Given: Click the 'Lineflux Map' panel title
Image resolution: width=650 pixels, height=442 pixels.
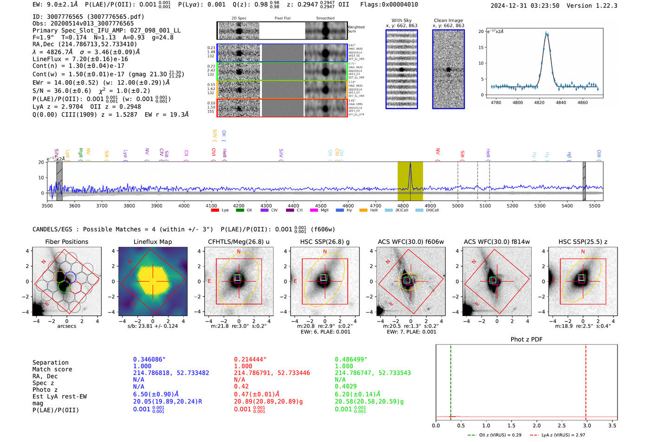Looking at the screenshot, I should pos(153,242).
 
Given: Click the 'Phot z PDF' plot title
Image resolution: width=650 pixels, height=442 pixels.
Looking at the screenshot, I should pos(526,340).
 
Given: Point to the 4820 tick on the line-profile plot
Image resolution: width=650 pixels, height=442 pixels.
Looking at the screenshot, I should pos(539,102).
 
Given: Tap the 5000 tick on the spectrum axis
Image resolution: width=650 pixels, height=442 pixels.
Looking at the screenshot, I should pos(458,205).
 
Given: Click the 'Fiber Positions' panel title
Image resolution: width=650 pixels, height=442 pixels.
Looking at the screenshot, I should pos(66,242).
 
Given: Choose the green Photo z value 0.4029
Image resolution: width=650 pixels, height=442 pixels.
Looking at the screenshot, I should pos(346,386).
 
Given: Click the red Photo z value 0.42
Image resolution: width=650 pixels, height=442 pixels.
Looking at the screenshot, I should pos(241,386).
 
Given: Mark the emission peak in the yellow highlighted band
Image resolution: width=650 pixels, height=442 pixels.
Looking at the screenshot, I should pos(410,164).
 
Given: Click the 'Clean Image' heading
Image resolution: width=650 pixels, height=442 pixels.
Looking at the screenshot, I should pos(448,20).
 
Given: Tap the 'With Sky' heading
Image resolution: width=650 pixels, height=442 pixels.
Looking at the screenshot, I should pos(402,20).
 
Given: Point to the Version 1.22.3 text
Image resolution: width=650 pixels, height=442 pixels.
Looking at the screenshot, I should pos(592,6).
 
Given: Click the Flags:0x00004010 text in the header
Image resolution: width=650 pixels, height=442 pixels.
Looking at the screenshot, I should pos(389,5).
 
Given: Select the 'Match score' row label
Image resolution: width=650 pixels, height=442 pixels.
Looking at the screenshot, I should pos(52,369).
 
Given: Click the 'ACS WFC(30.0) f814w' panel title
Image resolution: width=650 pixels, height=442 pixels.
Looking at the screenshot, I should pos(497,242).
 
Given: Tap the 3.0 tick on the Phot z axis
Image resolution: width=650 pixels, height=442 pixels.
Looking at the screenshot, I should pos(587,425).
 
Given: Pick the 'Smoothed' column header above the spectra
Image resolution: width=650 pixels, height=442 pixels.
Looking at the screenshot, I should pos(325,19).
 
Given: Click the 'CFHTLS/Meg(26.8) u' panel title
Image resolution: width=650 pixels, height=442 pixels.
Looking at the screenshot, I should pos(239,242).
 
